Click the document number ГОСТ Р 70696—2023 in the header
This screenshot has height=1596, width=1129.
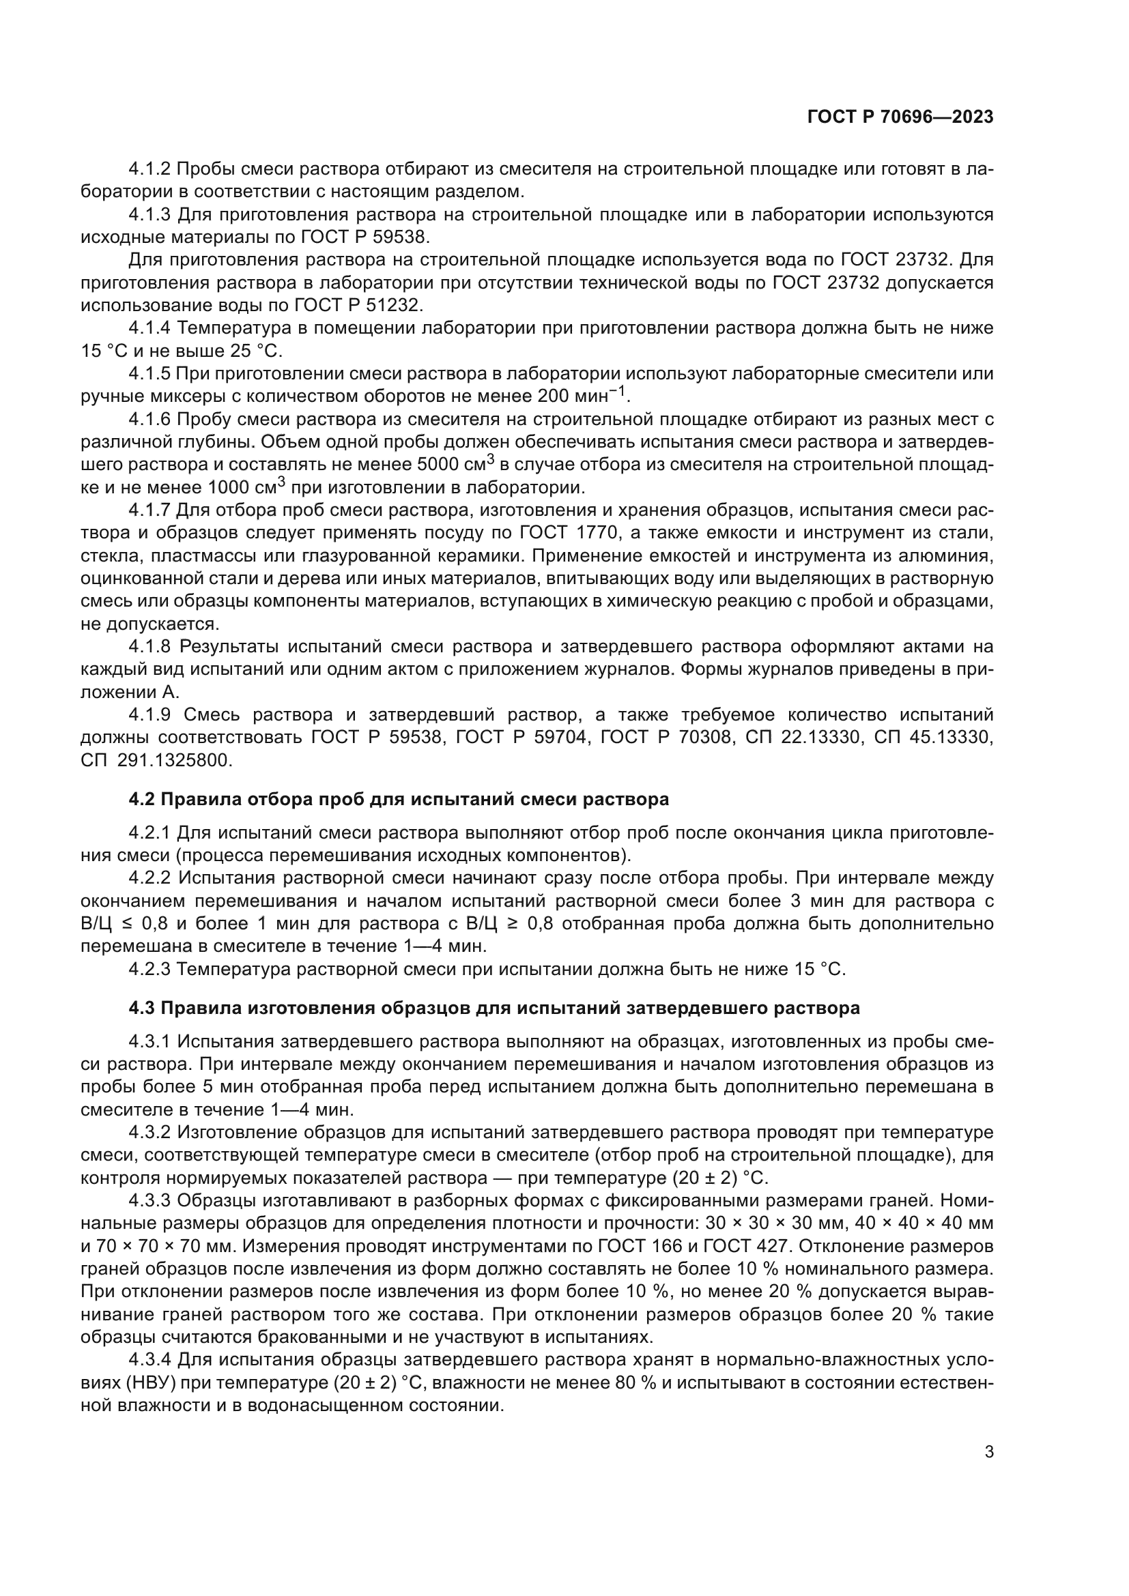900,117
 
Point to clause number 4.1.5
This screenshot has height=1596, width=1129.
149,374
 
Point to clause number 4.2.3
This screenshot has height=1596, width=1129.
149,970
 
